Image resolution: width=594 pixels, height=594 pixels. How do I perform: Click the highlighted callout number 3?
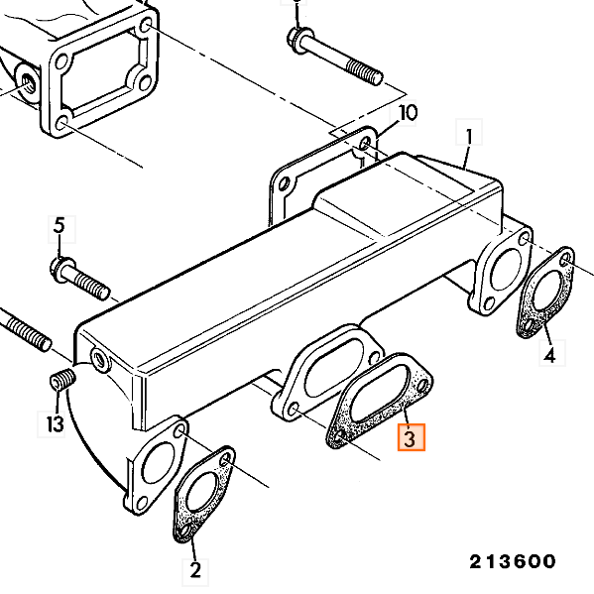pos(411,437)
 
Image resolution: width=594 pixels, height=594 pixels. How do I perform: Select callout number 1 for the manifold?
pos(469,132)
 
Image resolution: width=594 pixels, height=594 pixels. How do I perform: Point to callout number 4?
pos(552,353)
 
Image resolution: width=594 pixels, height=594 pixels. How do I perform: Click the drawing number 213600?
pos(513,561)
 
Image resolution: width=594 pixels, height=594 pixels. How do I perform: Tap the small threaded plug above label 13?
pos(62,380)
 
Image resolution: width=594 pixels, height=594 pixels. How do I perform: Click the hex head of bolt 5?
pos(61,268)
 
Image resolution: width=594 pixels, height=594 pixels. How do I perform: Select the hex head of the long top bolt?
pos(298,39)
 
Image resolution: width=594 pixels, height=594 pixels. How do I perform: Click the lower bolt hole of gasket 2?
pos(184,531)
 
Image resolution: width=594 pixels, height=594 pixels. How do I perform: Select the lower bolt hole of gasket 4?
pos(529,325)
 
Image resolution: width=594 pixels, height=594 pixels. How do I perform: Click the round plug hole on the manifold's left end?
pos(100,358)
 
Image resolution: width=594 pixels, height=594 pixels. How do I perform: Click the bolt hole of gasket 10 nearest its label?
pos(365,145)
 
